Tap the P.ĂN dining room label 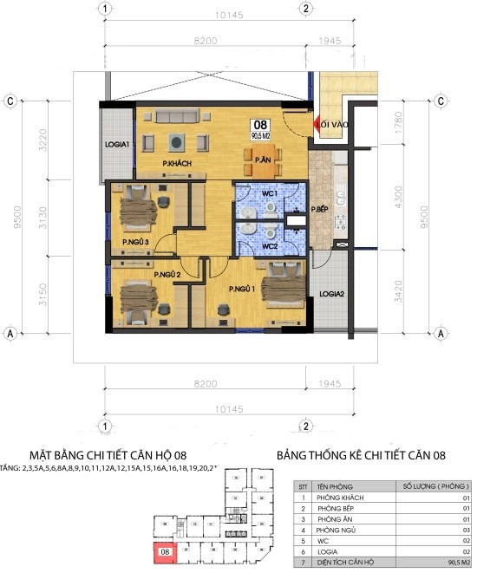tap(263, 159)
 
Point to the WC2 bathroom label tap(270, 246)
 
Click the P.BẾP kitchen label tap(320, 209)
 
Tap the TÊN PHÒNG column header tap(334, 485)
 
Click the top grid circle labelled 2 tap(306, 9)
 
